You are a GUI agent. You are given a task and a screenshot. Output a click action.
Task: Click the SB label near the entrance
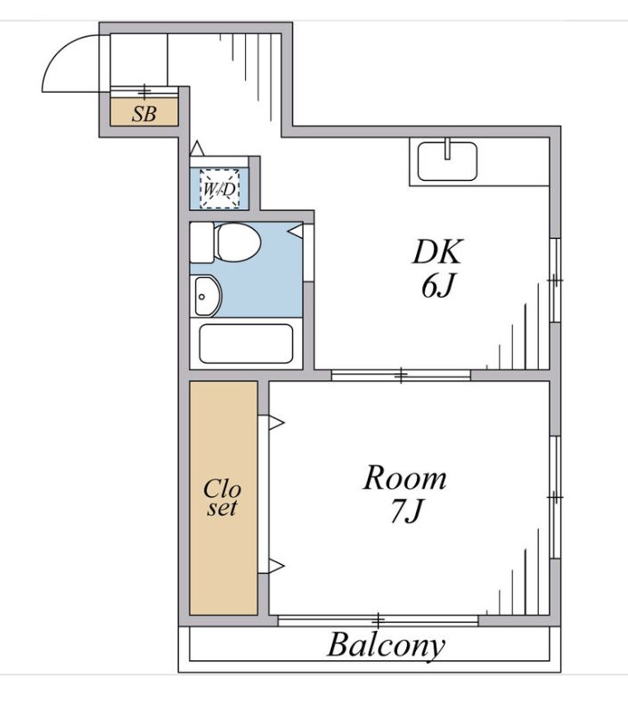click(x=144, y=114)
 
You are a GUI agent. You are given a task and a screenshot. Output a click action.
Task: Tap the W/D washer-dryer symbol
click(x=219, y=189)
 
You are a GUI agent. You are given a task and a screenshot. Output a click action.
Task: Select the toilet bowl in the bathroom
click(x=236, y=242)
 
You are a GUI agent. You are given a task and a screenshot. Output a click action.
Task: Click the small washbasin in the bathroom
click(x=207, y=297)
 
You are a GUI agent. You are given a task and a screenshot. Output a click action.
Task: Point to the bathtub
click(x=246, y=343)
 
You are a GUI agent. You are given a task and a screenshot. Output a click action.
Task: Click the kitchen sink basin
click(x=447, y=161)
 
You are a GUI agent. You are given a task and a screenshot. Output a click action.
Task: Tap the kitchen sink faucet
click(x=447, y=149)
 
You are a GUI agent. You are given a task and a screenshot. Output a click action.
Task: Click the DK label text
click(x=436, y=252)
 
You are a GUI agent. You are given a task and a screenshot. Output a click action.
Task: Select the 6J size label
click(x=438, y=286)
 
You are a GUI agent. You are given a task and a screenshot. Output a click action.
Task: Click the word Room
click(x=404, y=478)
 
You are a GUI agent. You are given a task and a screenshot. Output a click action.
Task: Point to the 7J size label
click(x=406, y=511)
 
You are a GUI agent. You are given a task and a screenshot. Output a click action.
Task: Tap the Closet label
click(x=222, y=498)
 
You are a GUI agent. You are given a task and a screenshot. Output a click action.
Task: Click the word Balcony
click(x=386, y=646)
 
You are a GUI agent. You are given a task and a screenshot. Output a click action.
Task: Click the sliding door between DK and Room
click(x=401, y=375)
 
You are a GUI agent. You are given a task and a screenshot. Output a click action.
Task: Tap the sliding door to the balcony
click(x=378, y=621)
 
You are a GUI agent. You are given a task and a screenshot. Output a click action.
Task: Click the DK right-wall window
click(x=555, y=280)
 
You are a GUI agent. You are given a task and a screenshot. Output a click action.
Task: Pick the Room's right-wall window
click(x=555, y=497)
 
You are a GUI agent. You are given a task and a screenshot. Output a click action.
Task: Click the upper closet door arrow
click(x=276, y=422)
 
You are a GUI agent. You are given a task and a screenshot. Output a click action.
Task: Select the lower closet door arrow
click(x=276, y=566)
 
